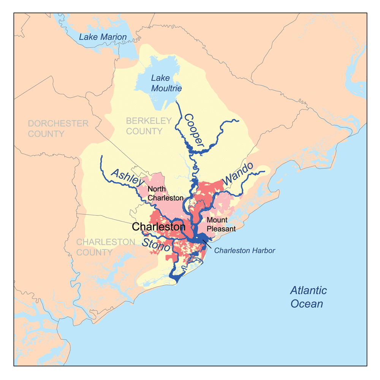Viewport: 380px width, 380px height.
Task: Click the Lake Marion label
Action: (103, 37)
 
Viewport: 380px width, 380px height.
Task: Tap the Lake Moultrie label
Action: (166, 83)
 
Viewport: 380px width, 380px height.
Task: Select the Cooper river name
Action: (194, 130)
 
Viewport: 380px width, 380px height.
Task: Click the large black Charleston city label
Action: (158, 227)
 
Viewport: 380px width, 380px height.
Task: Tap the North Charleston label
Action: (166, 193)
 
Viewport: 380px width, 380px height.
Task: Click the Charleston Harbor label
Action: (244, 251)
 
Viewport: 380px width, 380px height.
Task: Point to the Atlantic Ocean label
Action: (308, 297)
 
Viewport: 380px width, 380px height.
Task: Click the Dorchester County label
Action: (58, 128)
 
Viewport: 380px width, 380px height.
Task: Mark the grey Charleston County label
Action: (106, 247)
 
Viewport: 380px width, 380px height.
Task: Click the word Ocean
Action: (307, 304)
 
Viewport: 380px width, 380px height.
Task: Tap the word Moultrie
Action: (166, 89)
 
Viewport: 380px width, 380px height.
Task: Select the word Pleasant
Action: (221, 229)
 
